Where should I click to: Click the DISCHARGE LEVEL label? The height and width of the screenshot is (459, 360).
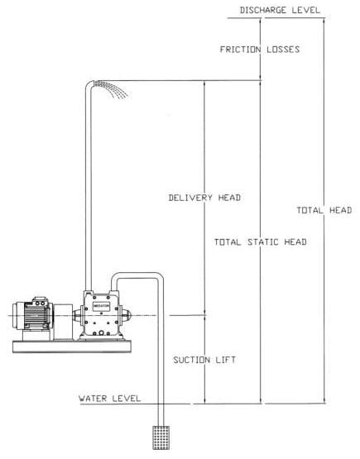point(280,10)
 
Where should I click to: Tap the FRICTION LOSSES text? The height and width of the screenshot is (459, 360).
point(260,49)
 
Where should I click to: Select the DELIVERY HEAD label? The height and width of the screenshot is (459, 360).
point(204,198)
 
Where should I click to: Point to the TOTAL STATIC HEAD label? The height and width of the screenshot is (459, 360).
point(261,242)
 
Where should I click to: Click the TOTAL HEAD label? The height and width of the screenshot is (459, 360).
point(324,210)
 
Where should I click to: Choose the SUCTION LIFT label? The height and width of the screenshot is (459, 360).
point(204,360)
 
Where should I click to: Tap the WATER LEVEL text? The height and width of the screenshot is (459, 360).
point(110,399)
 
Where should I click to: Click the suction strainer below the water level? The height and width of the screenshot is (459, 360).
point(161,437)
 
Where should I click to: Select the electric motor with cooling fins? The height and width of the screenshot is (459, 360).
point(33,316)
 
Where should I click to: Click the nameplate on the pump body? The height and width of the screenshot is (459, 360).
point(101,306)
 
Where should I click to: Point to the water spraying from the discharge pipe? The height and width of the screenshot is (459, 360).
point(111,89)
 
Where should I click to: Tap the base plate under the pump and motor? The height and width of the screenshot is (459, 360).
point(72,347)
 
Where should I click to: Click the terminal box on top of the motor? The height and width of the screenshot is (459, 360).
point(40,301)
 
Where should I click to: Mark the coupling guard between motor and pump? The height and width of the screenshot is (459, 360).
point(63,322)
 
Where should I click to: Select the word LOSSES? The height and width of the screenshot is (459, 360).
point(283,49)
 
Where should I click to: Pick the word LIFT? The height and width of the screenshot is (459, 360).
point(226,360)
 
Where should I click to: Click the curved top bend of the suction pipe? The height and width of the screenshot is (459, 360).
point(137,275)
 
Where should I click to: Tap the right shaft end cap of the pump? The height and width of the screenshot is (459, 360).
point(126,315)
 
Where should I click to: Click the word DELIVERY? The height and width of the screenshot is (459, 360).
point(190,198)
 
